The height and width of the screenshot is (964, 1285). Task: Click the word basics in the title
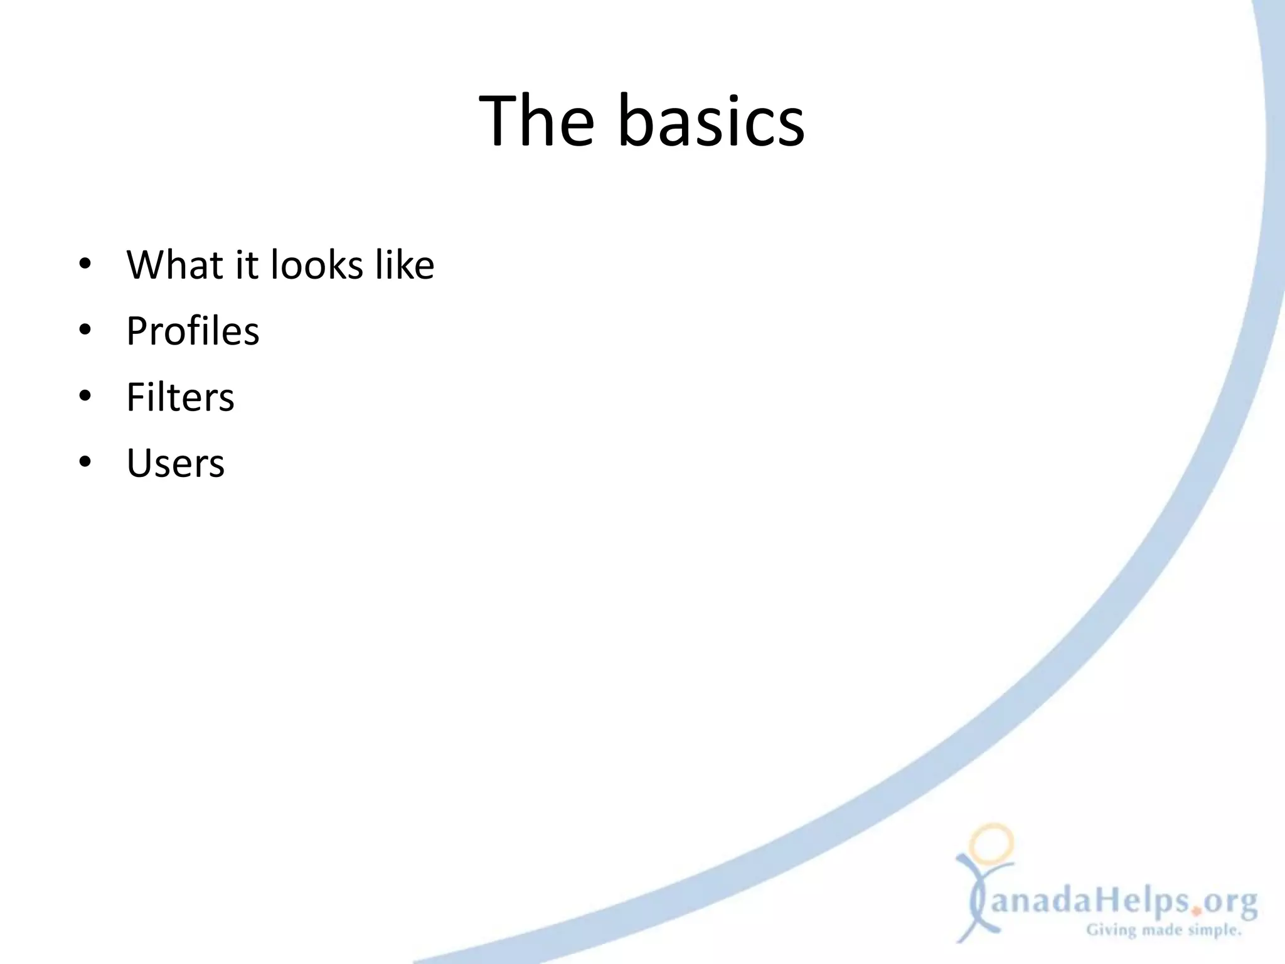click(711, 120)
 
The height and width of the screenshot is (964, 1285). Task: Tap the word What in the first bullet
click(174, 264)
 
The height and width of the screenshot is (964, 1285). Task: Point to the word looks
click(317, 264)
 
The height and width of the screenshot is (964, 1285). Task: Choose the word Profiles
click(193, 331)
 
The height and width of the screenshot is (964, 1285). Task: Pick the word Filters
click(180, 397)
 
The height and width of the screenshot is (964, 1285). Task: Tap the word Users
click(176, 463)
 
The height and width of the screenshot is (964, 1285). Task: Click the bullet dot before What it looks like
click(85, 264)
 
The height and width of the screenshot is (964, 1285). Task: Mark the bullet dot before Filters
click(85, 397)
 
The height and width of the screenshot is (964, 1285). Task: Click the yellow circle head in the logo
click(991, 843)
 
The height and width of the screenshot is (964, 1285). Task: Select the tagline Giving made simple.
click(1164, 931)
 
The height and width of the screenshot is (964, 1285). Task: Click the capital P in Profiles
click(139, 331)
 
